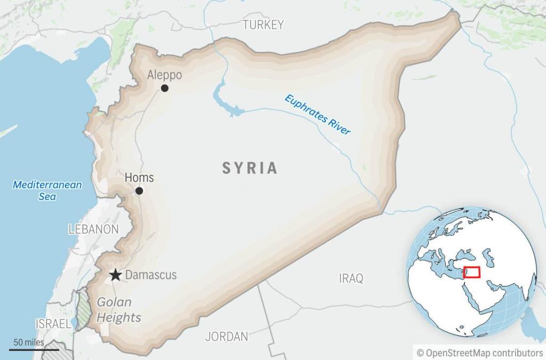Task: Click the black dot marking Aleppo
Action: [165, 88]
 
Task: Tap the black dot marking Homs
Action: [139, 191]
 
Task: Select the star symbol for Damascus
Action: [115, 275]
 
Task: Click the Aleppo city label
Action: [164, 75]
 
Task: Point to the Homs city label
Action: [139, 178]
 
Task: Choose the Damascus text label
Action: [151, 276]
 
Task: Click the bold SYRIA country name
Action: [250, 169]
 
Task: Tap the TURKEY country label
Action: [263, 25]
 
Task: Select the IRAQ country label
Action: [351, 278]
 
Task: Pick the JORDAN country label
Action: [227, 337]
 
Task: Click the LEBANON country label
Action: [93, 229]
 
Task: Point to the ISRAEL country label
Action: [53, 324]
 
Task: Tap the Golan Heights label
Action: [119, 310]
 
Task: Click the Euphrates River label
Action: [318, 114]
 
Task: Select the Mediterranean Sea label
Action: [47, 190]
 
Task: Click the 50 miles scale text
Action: [29, 342]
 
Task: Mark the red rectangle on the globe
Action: [471, 272]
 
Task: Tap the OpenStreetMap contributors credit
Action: [479, 353]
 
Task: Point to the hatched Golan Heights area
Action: [83, 309]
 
